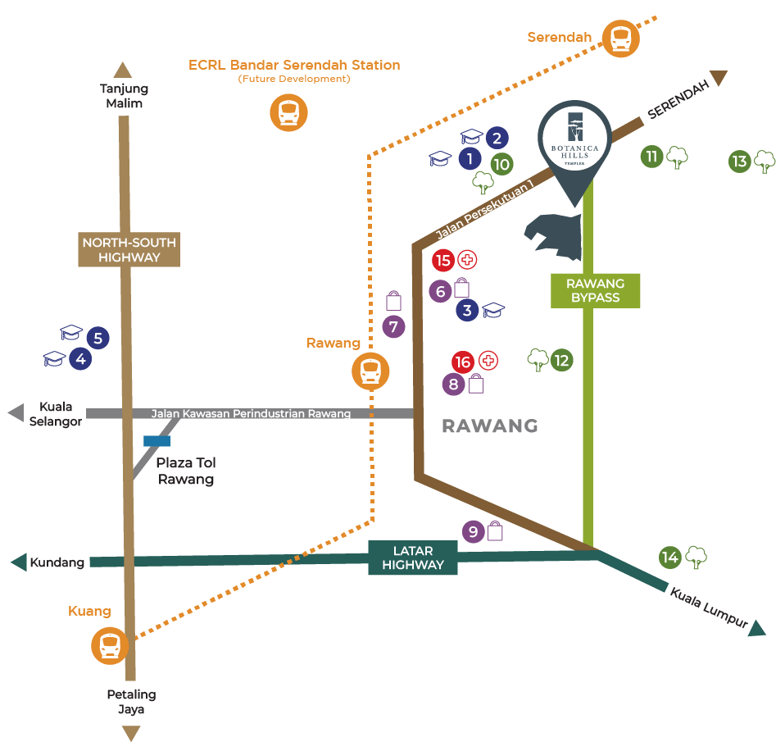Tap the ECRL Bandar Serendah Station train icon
pos(288,112)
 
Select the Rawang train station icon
pos(370,371)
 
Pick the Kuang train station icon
pos(110,645)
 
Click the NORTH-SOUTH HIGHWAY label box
pos(129,250)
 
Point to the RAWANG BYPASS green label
pos(596,290)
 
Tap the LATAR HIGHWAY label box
pos(413,558)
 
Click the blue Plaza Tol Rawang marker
pos(157,441)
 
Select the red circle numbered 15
pos(443,261)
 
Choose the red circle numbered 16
pos(463,362)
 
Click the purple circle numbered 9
pos(474,532)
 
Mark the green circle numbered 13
pos(740,162)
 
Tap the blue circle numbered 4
pos(80,358)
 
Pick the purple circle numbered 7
pos(393,327)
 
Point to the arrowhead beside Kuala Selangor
pos(16,412)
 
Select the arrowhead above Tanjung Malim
pos(123,70)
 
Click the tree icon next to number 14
pos(696,557)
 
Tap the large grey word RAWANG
pos(490,426)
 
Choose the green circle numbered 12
pos(561,360)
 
